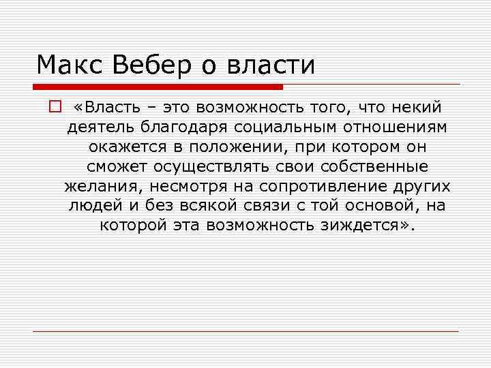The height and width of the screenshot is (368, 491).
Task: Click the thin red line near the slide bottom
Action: pos(245,331)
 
